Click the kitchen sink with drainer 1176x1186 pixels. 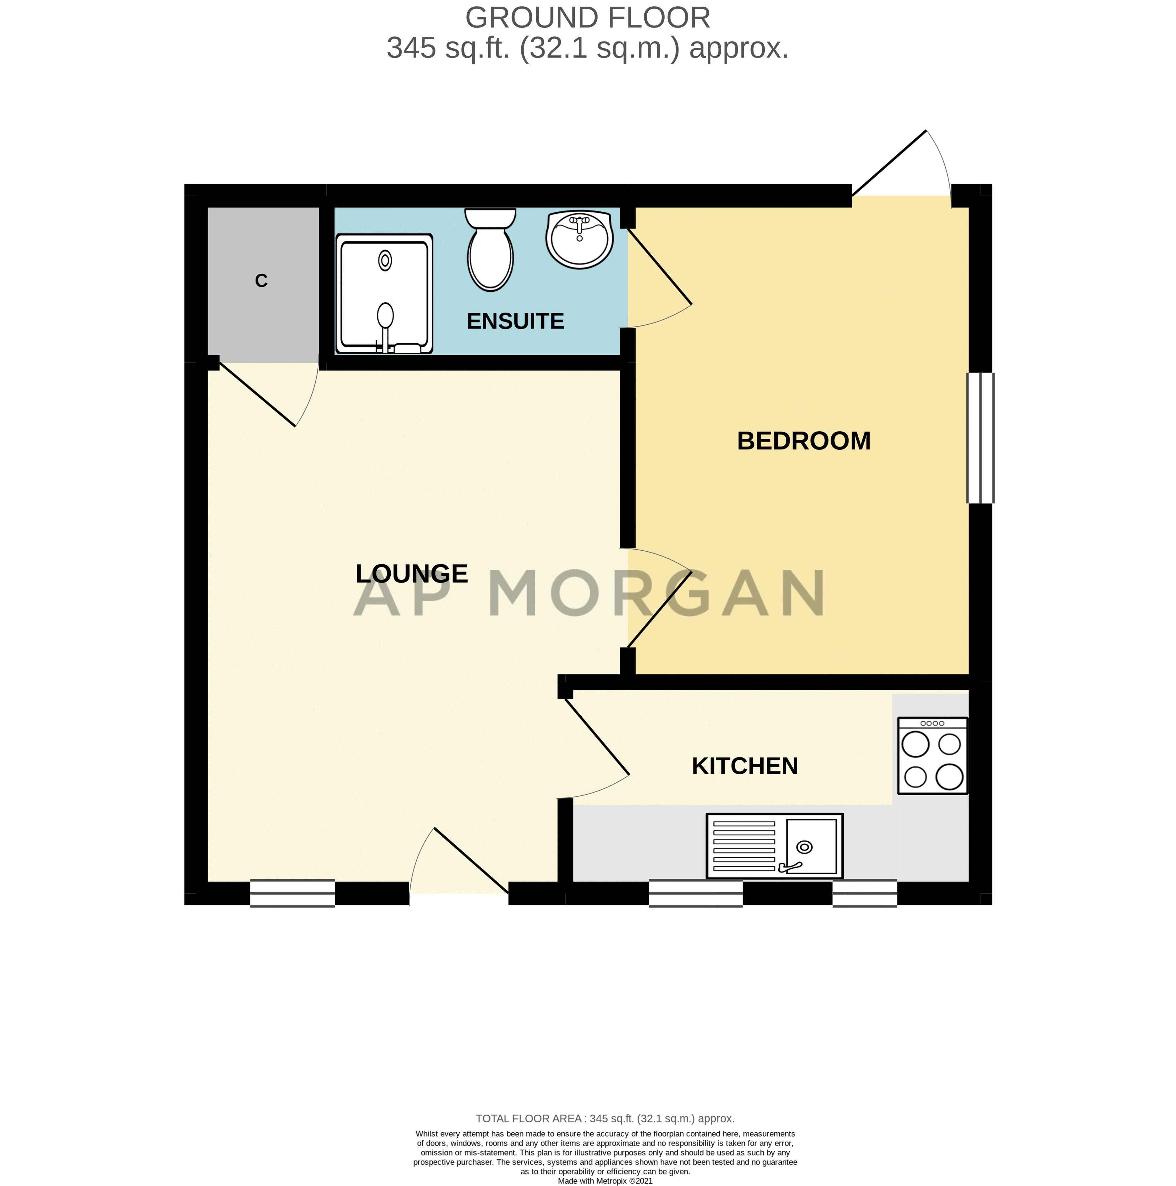point(774,846)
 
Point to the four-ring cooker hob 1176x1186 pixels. point(932,756)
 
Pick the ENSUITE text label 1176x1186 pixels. point(515,321)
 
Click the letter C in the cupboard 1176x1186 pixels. point(261,280)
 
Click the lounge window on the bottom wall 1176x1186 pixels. point(292,893)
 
